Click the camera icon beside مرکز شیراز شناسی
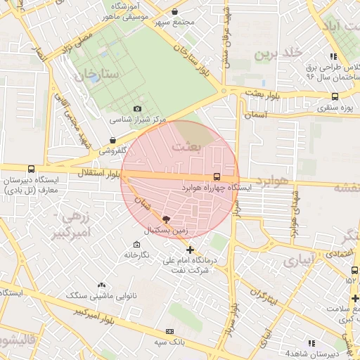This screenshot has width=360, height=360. tap(137, 109)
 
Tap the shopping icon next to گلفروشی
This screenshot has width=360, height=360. tap(113, 140)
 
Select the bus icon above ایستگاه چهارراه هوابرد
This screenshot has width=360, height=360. tap(216, 176)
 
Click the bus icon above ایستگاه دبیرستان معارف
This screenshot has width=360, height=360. tap(31, 169)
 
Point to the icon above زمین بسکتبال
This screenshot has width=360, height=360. tap(166, 219)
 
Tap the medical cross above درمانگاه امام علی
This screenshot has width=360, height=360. tap(190, 250)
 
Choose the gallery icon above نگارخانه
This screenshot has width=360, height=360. tap(136, 244)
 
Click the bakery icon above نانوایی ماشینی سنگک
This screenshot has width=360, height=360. tap(102, 285)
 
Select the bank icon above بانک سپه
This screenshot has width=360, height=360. tap(169, 331)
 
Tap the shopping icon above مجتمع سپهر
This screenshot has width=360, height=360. tap(175, 11)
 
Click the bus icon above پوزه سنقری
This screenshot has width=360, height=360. tap(334, 96)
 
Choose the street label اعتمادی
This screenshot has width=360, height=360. tap(338, 252)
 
